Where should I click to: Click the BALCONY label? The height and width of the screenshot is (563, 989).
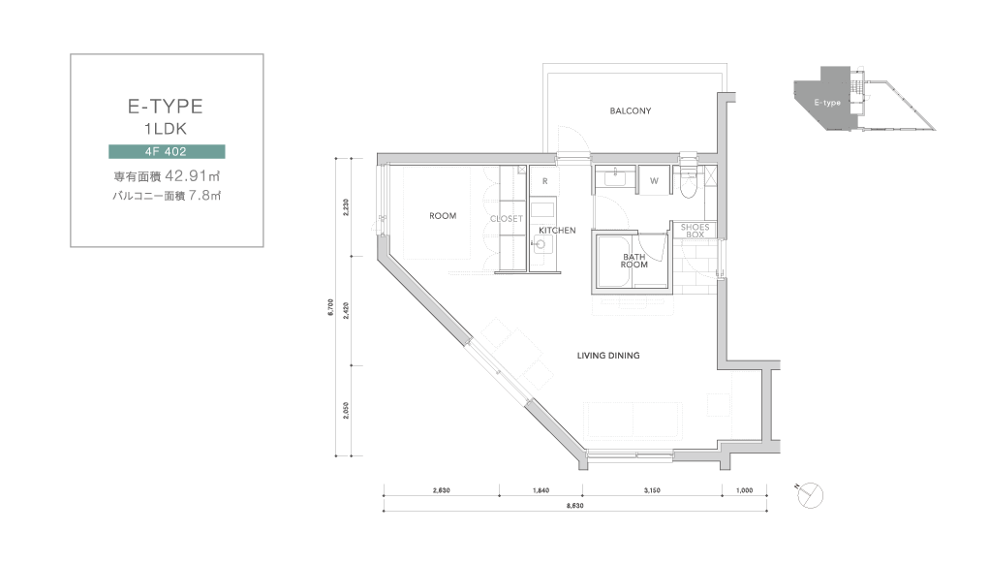coord(630,111)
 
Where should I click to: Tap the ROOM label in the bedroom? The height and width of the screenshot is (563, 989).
coord(443,216)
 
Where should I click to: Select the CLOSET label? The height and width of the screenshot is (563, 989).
coord(507,218)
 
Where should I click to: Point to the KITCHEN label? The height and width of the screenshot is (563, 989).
coord(557,231)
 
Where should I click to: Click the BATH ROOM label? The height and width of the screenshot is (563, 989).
coord(634,261)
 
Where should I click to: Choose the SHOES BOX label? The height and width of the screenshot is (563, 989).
coord(695,231)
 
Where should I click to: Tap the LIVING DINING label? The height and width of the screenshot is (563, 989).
coord(608,356)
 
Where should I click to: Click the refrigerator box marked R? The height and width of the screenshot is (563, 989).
coord(545,181)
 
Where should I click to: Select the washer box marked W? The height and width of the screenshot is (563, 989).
coord(654,180)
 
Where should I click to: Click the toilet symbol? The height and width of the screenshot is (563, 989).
coord(688,182)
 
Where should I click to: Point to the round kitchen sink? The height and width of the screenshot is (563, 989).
coord(541,244)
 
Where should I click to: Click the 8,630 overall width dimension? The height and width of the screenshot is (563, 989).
coord(574,506)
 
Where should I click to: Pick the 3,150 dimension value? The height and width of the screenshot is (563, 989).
coord(652,490)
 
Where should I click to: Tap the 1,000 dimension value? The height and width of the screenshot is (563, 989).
coord(745,490)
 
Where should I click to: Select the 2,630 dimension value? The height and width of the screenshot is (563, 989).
coord(442,490)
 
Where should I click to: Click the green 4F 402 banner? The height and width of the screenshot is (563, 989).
coord(167,151)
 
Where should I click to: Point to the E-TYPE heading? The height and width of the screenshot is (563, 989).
coord(166,106)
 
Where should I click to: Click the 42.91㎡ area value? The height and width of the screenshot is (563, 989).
coord(193,176)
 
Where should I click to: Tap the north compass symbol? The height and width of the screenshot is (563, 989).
coord(810,495)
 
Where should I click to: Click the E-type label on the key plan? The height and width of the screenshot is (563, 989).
coord(827,103)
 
